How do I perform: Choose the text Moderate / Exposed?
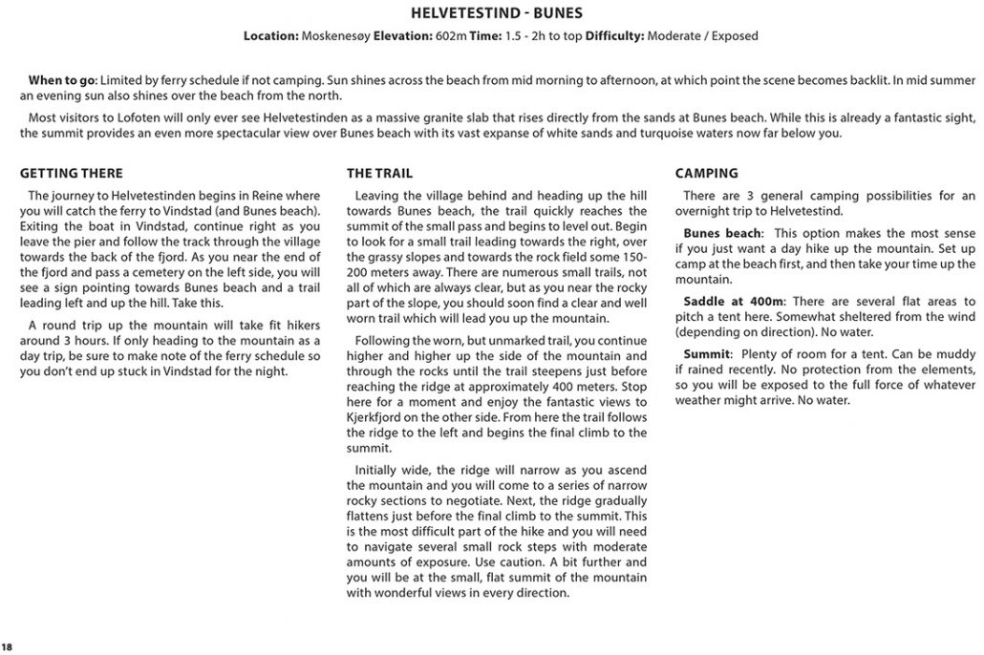(702, 36)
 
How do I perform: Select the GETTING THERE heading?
(72, 174)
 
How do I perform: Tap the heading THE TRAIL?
(379, 174)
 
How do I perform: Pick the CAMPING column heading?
(706, 174)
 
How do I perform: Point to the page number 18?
(7, 647)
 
